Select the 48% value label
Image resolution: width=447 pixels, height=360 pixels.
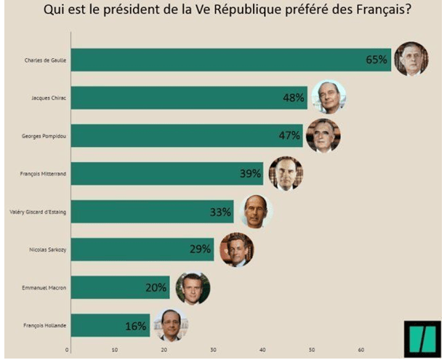tap(294, 97)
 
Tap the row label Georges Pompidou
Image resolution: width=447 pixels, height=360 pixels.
tap(46, 135)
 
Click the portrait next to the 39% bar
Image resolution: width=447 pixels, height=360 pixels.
tap(286, 174)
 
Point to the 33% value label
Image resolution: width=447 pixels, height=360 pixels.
tap(221, 212)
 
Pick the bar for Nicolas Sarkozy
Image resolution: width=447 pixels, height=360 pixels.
tap(142, 249)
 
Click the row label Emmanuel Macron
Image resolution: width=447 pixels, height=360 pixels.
tap(45, 287)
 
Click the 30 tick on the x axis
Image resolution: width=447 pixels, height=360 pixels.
tap(214, 350)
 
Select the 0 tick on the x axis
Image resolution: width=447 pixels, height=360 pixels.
tap(68, 350)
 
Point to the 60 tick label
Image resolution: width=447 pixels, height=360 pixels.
tap(361, 350)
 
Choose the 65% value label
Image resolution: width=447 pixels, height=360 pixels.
tap(376, 60)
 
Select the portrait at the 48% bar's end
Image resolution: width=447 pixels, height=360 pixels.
tap(329, 97)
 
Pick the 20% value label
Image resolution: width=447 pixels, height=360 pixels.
tap(156, 287)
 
